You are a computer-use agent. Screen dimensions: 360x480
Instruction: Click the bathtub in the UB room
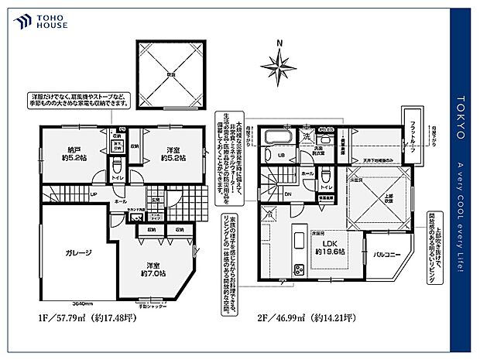click(x=276, y=140)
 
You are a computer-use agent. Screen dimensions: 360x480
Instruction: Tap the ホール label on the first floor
click(x=122, y=201)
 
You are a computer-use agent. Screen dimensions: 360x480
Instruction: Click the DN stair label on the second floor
click(x=288, y=194)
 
